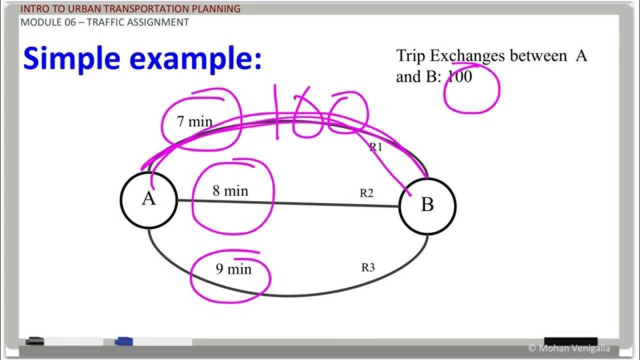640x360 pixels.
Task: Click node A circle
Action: click(x=148, y=199)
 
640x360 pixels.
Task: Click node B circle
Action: click(x=427, y=205)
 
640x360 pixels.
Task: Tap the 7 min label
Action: click(x=194, y=121)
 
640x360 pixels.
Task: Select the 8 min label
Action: click(x=230, y=191)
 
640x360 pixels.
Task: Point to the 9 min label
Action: click(x=233, y=269)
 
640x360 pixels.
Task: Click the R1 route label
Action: click(x=375, y=147)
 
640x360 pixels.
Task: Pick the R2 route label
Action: click(x=366, y=193)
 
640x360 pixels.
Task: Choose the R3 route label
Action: click(x=368, y=267)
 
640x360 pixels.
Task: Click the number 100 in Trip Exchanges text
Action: click(x=459, y=77)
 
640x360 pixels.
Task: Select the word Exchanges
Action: click(x=467, y=56)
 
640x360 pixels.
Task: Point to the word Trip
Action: click(x=410, y=55)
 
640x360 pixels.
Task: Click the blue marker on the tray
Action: click(x=123, y=342)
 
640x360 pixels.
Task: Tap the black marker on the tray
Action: click(x=34, y=341)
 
